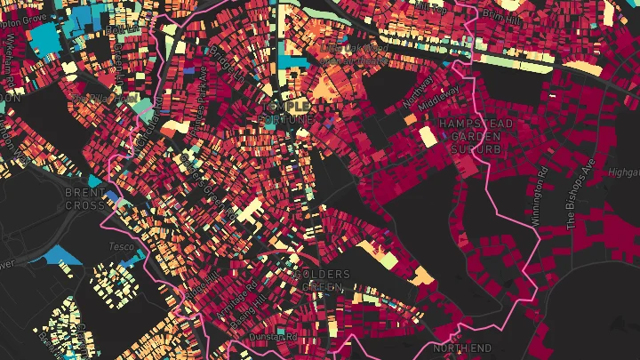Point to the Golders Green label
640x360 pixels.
point(320,280)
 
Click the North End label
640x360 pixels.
point(461,348)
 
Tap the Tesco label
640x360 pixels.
point(121,245)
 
